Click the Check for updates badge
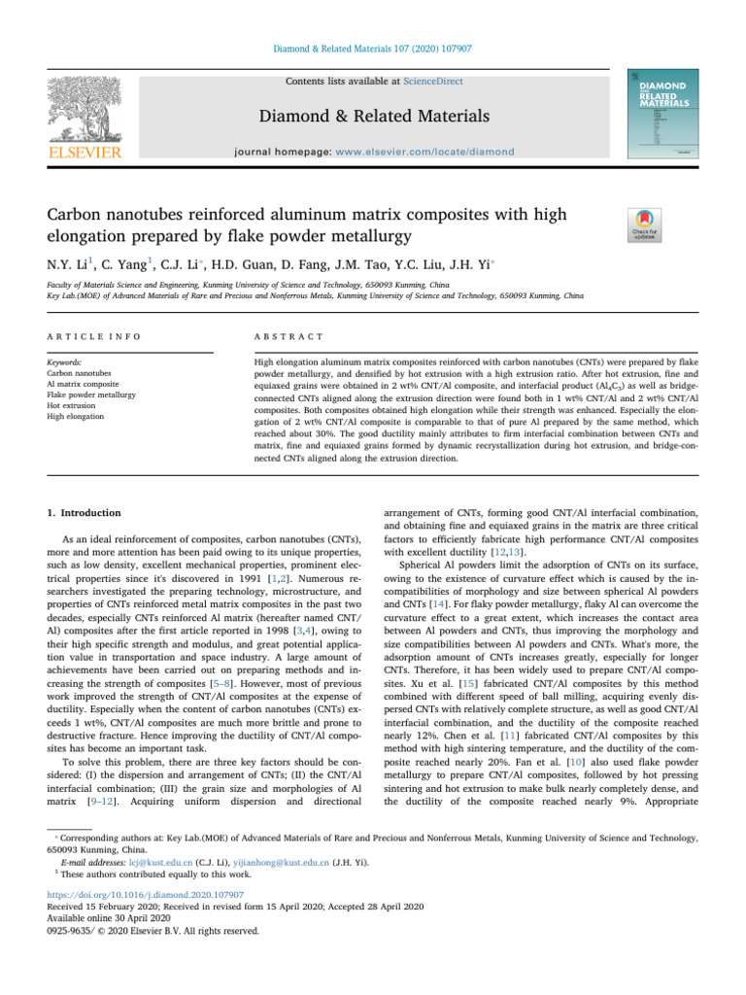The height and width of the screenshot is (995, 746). point(644,225)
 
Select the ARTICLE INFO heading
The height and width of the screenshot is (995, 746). point(93,335)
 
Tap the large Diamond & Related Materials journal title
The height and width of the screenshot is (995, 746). point(373,117)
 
